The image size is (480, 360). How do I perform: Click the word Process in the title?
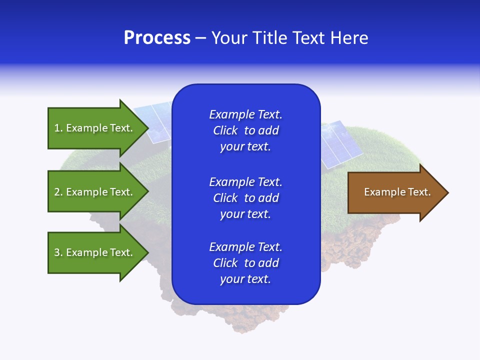(x=157, y=38)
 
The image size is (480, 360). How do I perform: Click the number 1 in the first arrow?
(x=57, y=128)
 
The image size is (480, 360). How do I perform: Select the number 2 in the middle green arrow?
(x=57, y=192)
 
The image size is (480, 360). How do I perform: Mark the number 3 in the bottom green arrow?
(x=57, y=252)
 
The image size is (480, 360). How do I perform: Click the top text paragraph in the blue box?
(x=245, y=130)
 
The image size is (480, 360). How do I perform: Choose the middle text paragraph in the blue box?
(x=245, y=198)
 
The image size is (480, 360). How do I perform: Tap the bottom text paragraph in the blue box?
(x=245, y=263)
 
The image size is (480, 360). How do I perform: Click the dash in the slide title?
(x=200, y=38)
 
